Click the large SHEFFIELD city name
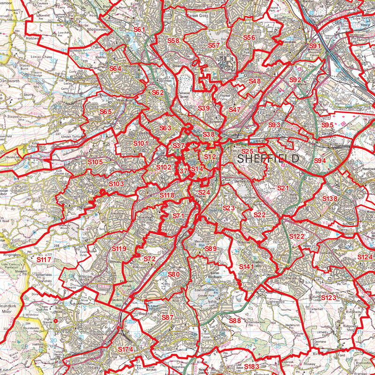pos(268,158)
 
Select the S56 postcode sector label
pos(249,37)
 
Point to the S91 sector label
pos(315,45)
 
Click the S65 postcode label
pos(105,112)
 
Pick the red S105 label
pos(95,162)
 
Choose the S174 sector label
pos(126,350)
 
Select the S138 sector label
pos(330,199)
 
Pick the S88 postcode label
pos(235,321)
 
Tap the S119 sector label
pos(119,248)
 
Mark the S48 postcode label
pos(255,81)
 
